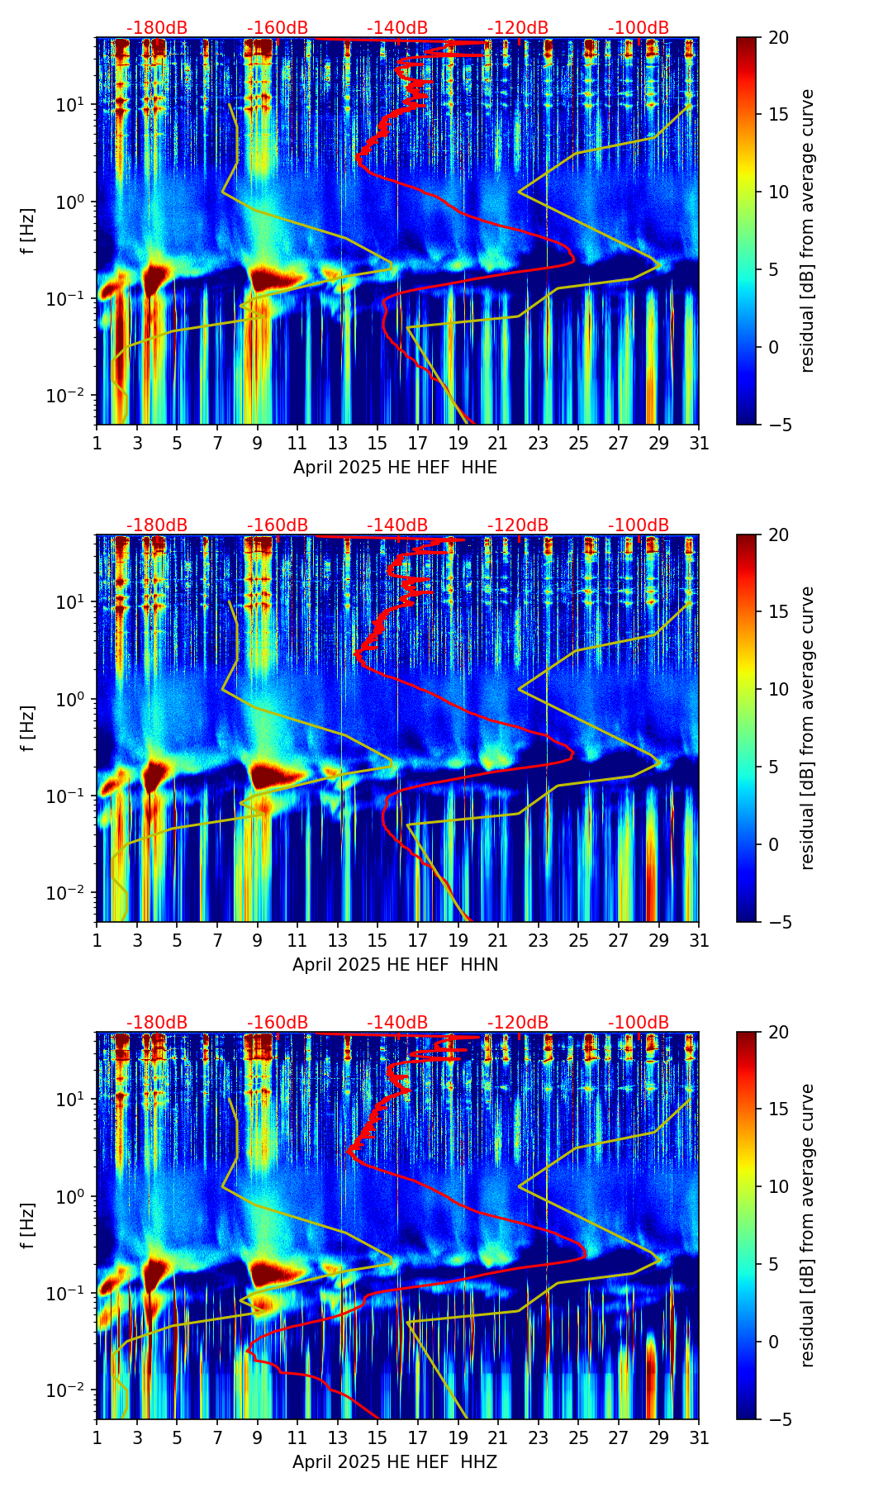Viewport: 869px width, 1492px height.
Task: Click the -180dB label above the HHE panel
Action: pos(157,28)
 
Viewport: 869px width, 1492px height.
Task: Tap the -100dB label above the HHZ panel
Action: pos(639,1023)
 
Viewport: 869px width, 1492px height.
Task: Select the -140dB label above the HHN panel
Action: pos(397,525)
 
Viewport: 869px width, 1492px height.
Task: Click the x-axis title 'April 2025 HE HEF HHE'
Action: pos(395,468)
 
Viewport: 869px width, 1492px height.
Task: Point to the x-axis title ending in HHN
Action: pos(395,965)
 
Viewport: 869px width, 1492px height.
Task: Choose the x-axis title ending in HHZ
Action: pos(395,1462)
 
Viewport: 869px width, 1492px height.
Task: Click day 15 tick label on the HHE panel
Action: pos(377,444)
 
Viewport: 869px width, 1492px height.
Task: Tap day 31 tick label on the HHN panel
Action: pos(698,941)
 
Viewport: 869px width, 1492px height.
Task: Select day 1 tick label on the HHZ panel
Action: pos(97,1438)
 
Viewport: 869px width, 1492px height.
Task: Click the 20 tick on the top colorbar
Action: pos(778,38)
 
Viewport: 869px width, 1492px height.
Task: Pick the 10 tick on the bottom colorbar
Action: pos(778,1186)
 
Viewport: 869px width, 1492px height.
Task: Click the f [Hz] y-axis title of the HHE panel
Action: pos(28,231)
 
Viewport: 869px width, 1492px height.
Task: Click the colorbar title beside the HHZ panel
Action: pos(808,1225)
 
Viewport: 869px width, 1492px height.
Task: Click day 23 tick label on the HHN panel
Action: pos(538,941)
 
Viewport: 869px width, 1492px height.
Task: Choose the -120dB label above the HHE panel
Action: pos(518,28)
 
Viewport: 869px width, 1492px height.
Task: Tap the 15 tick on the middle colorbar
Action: pos(778,612)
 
